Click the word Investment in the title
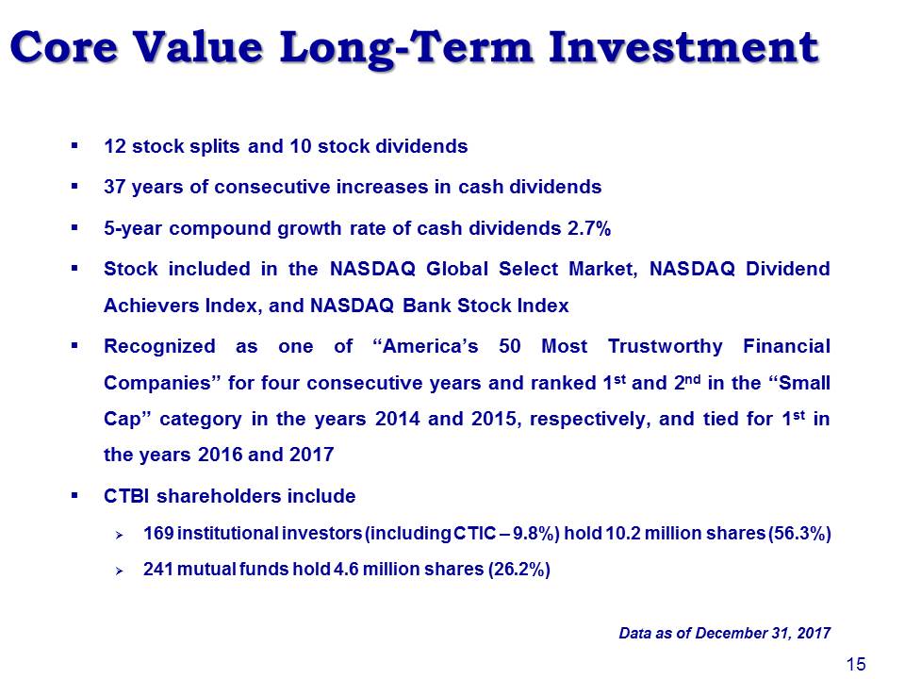[x=683, y=47]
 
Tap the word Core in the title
[x=64, y=47]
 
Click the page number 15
[x=857, y=664]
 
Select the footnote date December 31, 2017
[x=763, y=634]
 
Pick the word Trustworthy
[x=665, y=346]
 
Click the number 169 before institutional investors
[x=158, y=534]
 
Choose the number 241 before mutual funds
[x=158, y=570]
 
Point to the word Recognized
[x=159, y=346]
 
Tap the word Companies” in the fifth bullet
[x=161, y=384]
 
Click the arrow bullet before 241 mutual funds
[x=119, y=571]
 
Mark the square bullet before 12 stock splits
[x=74, y=146]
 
